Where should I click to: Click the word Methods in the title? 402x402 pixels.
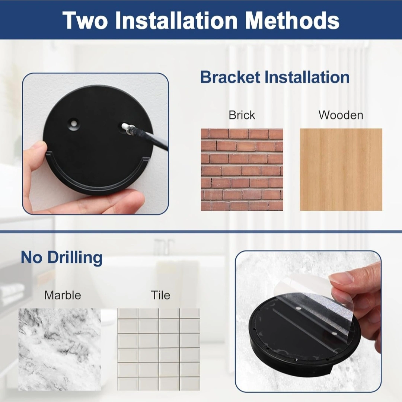coord(292,20)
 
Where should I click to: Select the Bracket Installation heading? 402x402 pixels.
coord(275,77)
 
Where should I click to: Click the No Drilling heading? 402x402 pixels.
coord(61,258)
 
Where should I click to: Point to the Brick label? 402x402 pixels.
coord(242,115)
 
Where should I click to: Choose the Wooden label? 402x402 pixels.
coord(341,115)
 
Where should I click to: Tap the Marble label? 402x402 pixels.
coord(63,295)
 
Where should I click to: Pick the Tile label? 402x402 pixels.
coord(160,295)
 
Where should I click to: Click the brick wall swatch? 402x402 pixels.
coord(242,170)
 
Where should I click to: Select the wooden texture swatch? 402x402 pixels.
coord(341,170)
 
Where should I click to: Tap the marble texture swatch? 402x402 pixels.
coord(60,350)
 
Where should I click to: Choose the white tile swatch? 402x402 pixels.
coord(159,350)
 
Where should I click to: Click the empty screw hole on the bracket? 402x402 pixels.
coord(74,123)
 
